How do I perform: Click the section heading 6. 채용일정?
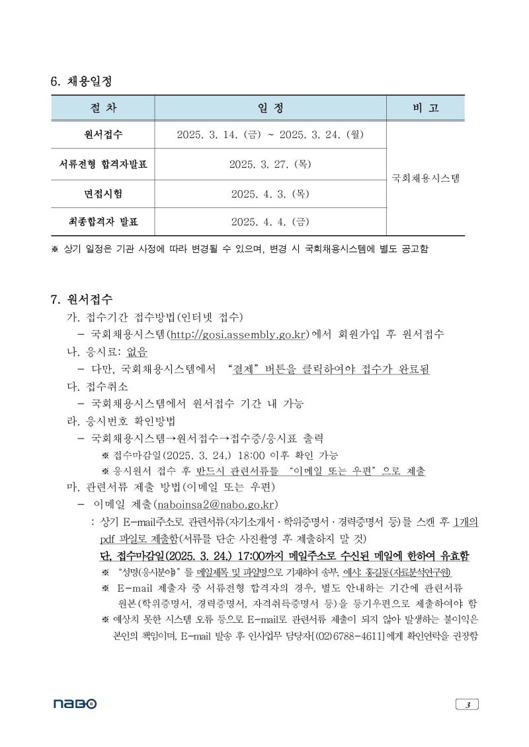(81, 81)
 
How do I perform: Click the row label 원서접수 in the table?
(102, 135)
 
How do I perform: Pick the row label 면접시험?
(102, 194)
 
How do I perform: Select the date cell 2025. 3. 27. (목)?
(270, 164)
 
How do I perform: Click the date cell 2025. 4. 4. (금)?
(270, 222)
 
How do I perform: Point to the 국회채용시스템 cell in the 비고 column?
(425, 178)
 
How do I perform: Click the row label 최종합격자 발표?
(102, 222)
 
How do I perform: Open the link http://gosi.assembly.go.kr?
(239, 334)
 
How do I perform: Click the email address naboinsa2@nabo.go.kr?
(215, 505)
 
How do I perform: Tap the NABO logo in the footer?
(75, 704)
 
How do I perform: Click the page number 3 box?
(467, 704)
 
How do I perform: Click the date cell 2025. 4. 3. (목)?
(270, 194)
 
